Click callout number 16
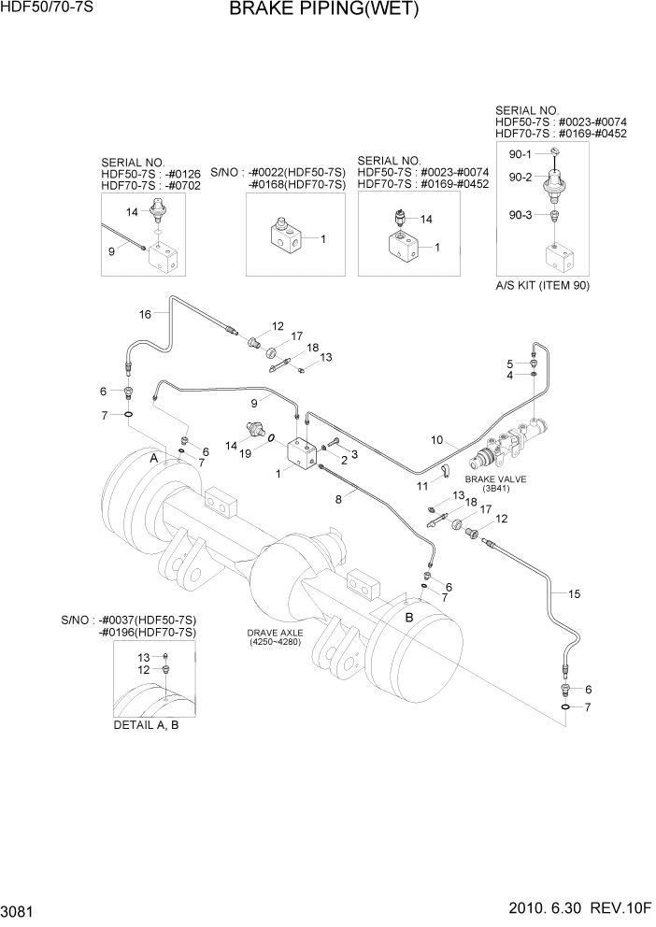click(145, 314)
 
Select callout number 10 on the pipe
click(435, 439)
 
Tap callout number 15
click(574, 593)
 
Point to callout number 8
click(338, 500)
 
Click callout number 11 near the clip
click(422, 486)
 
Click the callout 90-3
click(520, 215)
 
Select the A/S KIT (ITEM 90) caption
click(543, 285)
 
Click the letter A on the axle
click(153, 458)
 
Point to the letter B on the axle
click(407, 617)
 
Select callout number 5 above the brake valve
click(510, 364)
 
